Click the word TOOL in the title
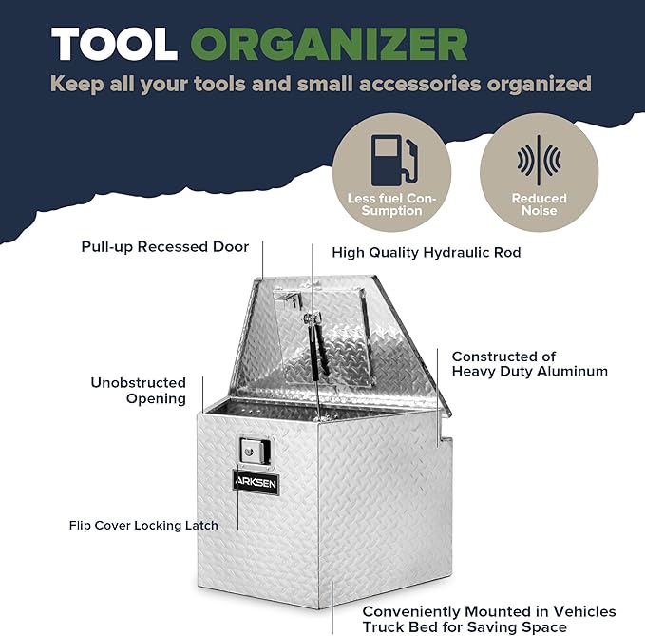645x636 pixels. click(x=114, y=44)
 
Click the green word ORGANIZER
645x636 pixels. click(x=329, y=44)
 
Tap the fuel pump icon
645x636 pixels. click(x=394, y=160)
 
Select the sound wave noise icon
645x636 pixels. click(x=539, y=160)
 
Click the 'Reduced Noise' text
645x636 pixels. click(x=539, y=204)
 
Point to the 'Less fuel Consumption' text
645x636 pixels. click(x=391, y=204)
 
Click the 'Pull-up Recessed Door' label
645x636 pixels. click(x=165, y=247)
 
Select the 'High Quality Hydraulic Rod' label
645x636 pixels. click(x=427, y=252)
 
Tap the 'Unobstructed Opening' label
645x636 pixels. click(x=139, y=390)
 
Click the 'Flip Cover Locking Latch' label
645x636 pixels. click(x=143, y=526)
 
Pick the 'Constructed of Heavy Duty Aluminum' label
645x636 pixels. click(x=530, y=363)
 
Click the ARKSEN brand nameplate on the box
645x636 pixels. click(x=256, y=482)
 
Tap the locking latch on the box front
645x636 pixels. click(x=256, y=452)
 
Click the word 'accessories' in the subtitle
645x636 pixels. click(x=420, y=84)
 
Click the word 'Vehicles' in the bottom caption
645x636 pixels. click(x=584, y=611)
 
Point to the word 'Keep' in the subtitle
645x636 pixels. click(x=77, y=85)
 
